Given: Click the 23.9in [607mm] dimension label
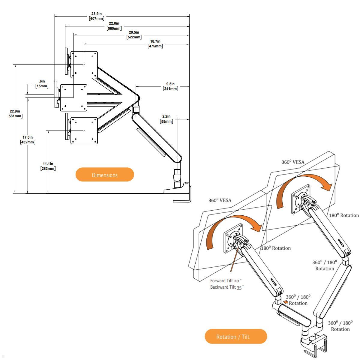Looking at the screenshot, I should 97,16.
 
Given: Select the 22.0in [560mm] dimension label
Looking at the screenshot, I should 114,26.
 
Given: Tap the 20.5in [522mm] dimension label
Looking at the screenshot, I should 134,35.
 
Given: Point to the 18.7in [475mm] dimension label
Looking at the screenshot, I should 155,44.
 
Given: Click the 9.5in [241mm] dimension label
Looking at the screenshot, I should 170,86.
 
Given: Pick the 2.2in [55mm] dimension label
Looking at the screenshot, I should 166,119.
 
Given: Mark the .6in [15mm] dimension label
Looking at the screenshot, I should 42,84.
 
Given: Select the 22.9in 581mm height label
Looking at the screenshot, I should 15,114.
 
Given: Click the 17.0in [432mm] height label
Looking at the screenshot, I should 28,139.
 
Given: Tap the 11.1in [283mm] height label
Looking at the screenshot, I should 48,166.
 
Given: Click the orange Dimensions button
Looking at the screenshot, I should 104,175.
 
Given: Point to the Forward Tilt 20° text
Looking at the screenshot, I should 226,281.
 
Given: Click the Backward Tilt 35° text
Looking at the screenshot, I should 227,287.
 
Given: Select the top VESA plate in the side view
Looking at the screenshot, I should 84,64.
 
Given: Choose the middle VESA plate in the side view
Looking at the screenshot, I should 74,97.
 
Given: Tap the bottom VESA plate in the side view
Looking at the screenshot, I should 84,130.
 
